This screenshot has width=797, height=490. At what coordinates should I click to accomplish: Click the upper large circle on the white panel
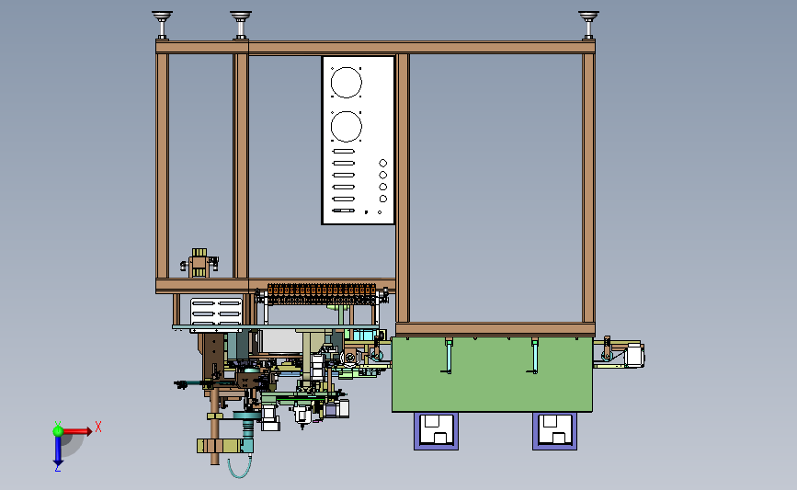[x=347, y=82]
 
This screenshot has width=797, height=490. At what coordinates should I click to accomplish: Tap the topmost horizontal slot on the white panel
[x=344, y=152]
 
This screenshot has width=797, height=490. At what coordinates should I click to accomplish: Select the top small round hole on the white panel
[x=382, y=163]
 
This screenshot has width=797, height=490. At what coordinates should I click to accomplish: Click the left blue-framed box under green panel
[x=436, y=430]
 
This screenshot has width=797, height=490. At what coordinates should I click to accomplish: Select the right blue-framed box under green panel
[x=555, y=430]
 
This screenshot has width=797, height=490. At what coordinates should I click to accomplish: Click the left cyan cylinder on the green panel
[x=448, y=355]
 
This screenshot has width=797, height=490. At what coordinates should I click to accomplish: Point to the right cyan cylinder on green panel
[x=534, y=355]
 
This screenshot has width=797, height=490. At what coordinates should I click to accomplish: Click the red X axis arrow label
[x=97, y=427]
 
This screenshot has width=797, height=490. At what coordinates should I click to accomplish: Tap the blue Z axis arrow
[x=58, y=450]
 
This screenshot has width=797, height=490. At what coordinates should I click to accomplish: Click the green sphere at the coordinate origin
[x=58, y=430]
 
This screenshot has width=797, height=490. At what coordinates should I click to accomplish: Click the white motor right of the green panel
[x=633, y=355]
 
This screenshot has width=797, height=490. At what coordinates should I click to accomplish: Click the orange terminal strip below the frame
[x=322, y=295]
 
